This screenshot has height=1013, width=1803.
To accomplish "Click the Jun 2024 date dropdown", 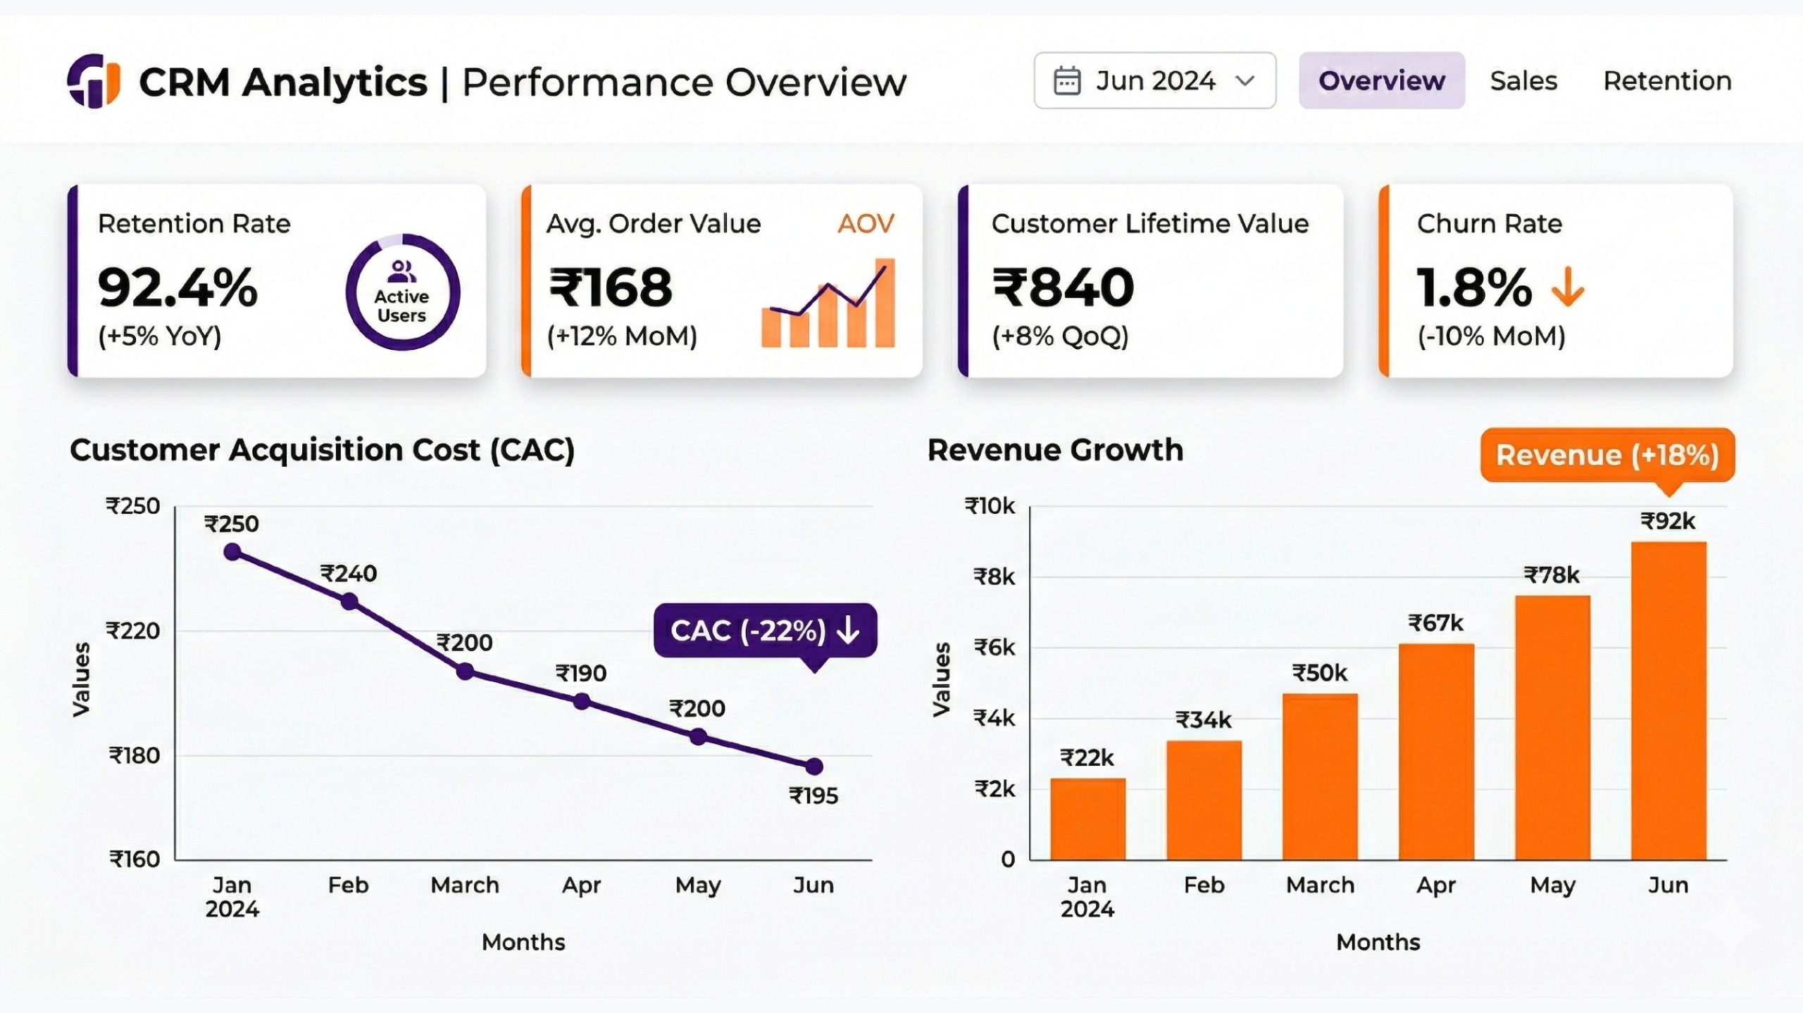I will (x=1154, y=80).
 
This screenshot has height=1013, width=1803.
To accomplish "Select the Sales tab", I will (x=1523, y=81).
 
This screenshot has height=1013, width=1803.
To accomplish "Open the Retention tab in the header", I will (x=1667, y=81).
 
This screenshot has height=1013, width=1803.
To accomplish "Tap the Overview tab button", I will (x=1381, y=80).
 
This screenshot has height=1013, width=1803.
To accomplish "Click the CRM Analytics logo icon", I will (x=94, y=81).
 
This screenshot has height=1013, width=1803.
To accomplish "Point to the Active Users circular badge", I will (x=402, y=292).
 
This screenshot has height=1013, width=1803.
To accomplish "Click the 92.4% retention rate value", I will (x=178, y=288).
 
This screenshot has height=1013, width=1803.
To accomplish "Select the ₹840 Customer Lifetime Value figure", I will (x=1063, y=288).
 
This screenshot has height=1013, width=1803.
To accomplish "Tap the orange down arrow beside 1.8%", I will (x=1568, y=288).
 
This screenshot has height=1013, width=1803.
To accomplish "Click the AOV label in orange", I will (x=866, y=224).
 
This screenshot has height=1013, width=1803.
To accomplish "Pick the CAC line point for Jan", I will (x=232, y=552).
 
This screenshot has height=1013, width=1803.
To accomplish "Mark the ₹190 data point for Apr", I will (x=582, y=701).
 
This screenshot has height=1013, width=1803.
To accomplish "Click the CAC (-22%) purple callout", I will (x=765, y=631).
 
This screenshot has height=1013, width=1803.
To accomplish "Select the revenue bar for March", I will (x=1320, y=776).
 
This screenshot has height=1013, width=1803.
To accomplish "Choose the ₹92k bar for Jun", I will (x=1668, y=700).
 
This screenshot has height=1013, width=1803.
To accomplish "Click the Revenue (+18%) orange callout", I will (x=1607, y=455).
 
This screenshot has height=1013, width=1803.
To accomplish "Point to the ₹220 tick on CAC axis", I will (x=133, y=631).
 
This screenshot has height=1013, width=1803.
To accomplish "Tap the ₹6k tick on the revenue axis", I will (x=994, y=648).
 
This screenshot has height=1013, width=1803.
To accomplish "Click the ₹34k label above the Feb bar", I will (x=1204, y=720).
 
